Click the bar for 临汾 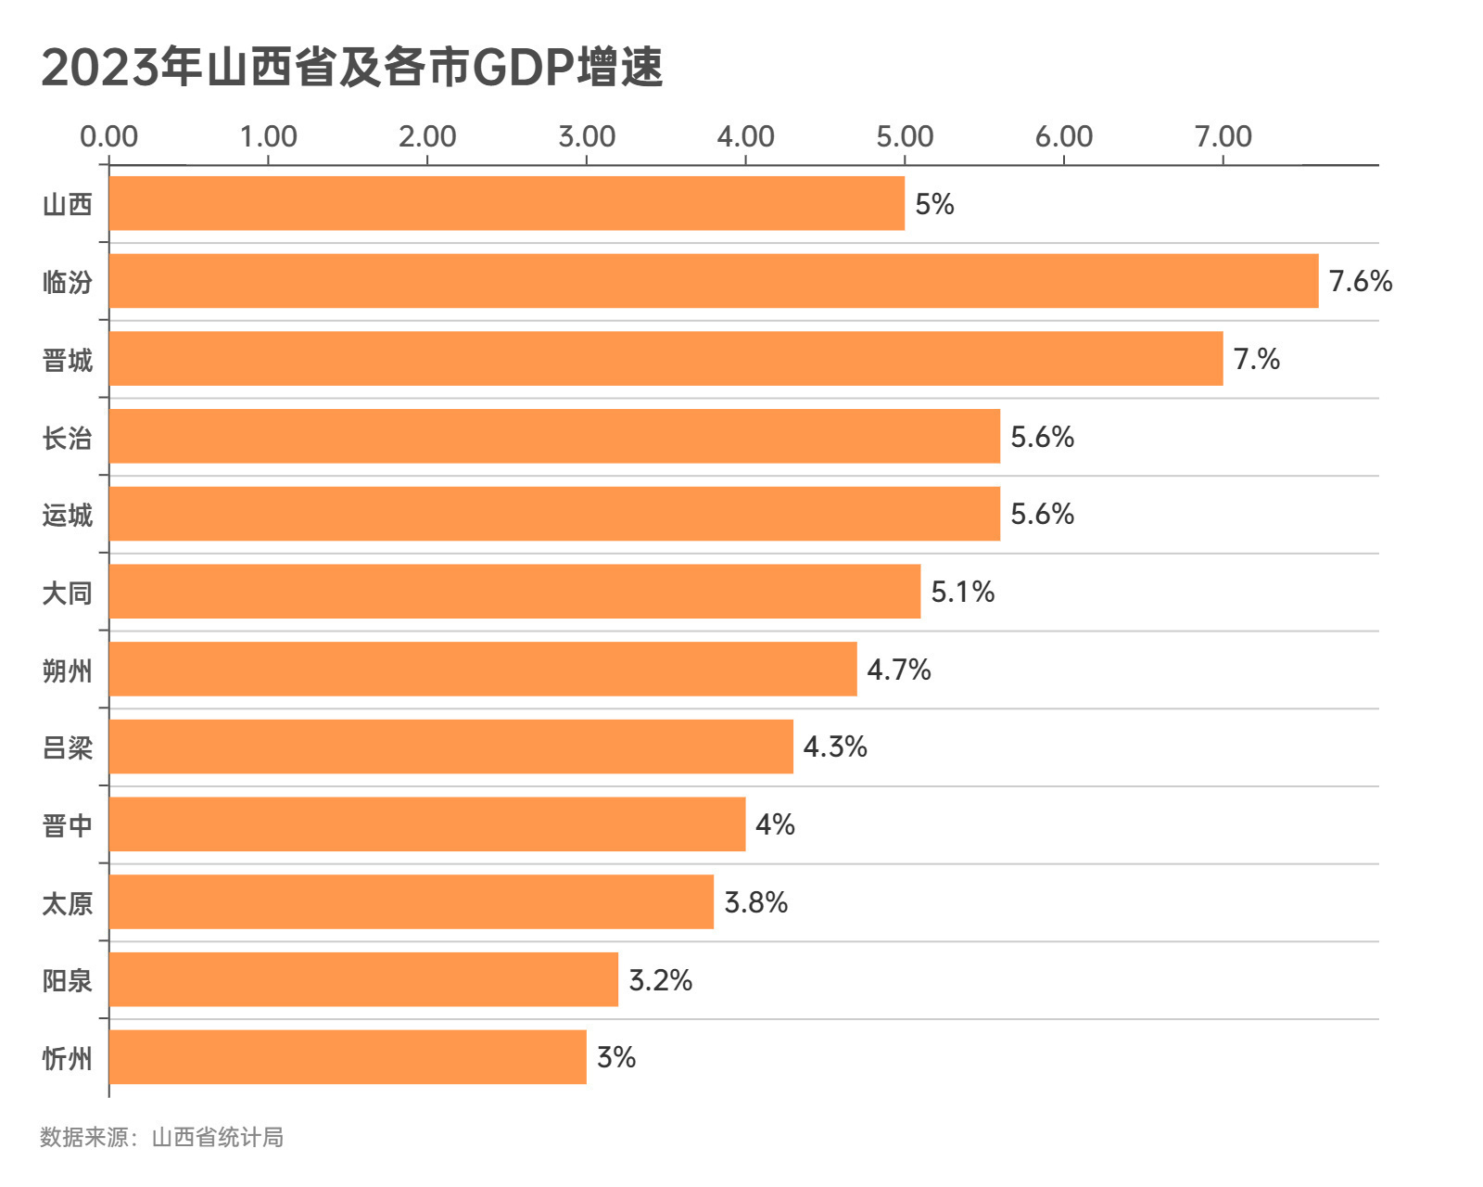pos(714,281)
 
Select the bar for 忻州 pos(348,1057)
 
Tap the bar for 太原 pos(412,901)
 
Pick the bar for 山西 pos(507,203)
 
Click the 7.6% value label pos(1360,281)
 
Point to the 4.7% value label pos(898,670)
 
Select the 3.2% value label pos(660,979)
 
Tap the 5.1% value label pos(962,592)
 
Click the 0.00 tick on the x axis pos(108,137)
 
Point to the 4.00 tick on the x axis pos(745,137)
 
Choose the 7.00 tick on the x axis pos(1223,137)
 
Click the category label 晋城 pos(68,360)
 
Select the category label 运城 pos(68,515)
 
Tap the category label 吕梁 pos(68,747)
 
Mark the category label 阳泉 pos(68,980)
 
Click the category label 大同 pos(68,593)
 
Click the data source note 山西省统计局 pos(218,1137)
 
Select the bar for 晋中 pos(427,824)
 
